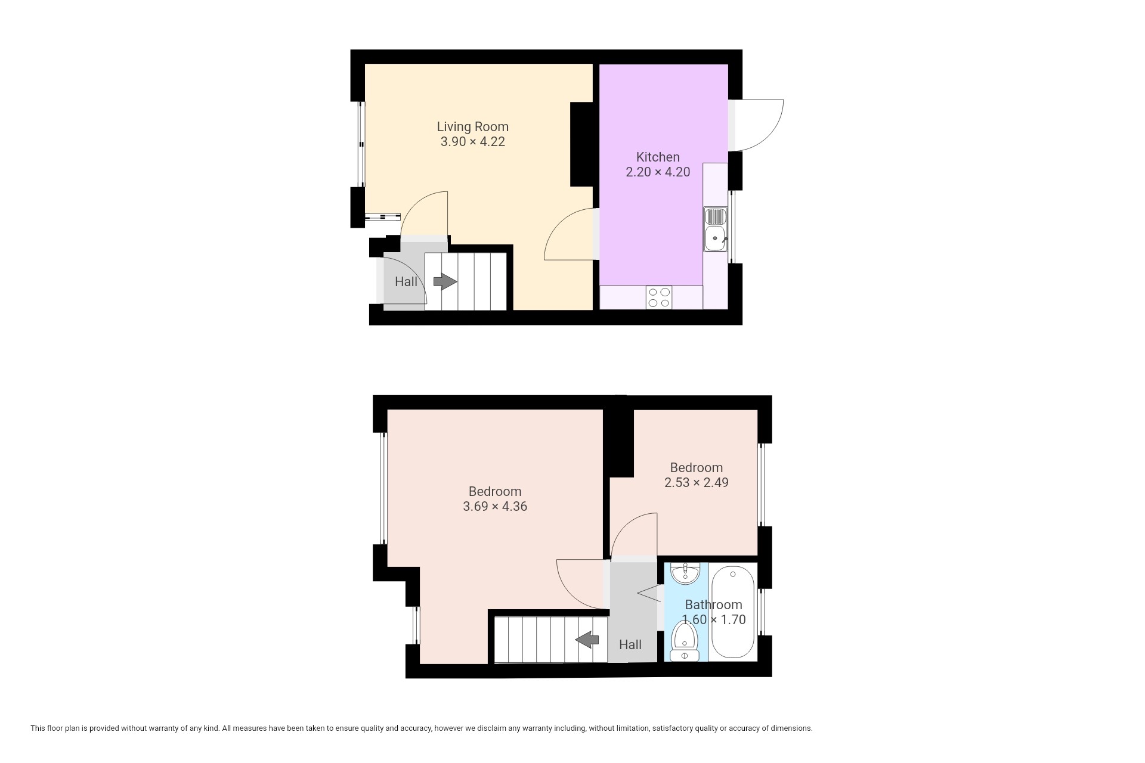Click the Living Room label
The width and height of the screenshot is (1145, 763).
[x=472, y=126]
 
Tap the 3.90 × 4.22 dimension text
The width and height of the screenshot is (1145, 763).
[x=472, y=142]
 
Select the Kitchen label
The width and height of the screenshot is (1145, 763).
[x=658, y=157]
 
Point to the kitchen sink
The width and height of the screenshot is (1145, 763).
[x=715, y=229]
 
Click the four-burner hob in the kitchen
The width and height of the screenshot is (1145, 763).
[x=658, y=297]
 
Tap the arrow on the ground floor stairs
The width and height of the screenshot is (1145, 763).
[x=445, y=281]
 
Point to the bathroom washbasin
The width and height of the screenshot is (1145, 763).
[x=685, y=573]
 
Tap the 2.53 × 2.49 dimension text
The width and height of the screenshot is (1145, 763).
[x=696, y=482]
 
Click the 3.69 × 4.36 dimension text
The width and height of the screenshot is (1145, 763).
[x=495, y=507]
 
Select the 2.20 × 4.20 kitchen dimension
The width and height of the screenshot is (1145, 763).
[x=658, y=172]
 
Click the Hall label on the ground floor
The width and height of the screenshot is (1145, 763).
[x=406, y=281]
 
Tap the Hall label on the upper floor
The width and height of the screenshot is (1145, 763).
[x=630, y=644]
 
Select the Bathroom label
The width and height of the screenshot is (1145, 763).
[x=713, y=604]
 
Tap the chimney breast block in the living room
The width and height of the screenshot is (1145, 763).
[x=581, y=144]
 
